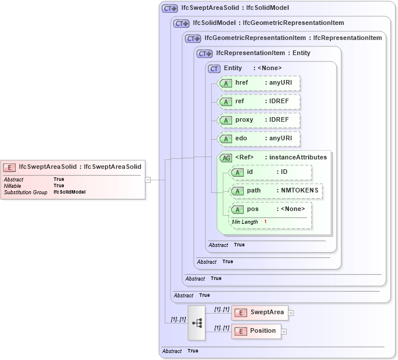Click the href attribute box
[x=258, y=83]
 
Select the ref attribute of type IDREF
[x=258, y=101]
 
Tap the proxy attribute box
[x=258, y=120]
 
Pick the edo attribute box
[x=258, y=139]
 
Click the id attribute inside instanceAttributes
[x=270, y=172]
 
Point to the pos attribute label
[x=253, y=209]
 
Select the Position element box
[x=256, y=331]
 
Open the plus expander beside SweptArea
[x=291, y=313]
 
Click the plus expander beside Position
[x=284, y=332]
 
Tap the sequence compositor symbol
[x=197, y=322]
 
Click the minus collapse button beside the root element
[x=148, y=180]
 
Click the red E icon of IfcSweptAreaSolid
[x=9, y=168]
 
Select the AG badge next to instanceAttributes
[x=226, y=157]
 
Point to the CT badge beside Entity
[x=215, y=68]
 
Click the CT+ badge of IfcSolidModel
[x=182, y=23]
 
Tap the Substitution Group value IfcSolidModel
[x=70, y=192]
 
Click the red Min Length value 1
[x=265, y=222]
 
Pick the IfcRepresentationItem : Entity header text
[x=263, y=53]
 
